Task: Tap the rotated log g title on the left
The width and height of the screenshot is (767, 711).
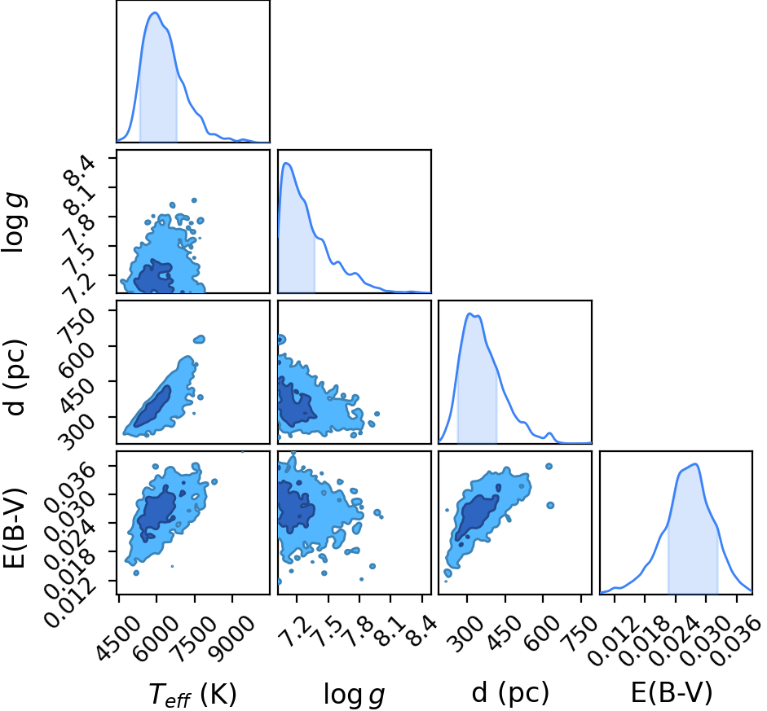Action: (15, 223)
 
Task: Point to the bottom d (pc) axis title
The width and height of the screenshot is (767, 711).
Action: (511, 693)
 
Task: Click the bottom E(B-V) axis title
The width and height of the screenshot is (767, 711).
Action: (671, 692)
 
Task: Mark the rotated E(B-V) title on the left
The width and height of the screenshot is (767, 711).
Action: (14, 528)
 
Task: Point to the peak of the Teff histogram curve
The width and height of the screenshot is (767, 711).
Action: (155, 13)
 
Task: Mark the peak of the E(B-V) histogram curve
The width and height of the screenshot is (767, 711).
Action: (695, 464)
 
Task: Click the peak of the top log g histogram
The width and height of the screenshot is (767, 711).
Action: (287, 163)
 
